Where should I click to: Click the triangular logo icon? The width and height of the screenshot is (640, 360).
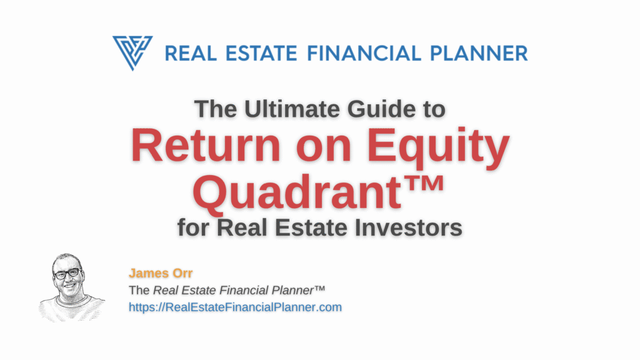(x=132, y=52)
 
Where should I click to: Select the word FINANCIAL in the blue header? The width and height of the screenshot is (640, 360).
(x=364, y=54)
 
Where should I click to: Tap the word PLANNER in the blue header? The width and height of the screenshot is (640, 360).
(x=479, y=54)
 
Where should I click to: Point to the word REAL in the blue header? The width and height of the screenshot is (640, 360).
(x=191, y=54)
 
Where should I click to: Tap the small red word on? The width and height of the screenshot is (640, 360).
(x=324, y=149)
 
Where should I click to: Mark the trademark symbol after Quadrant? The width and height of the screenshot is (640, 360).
(x=425, y=183)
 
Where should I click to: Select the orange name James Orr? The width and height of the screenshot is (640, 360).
(x=161, y=273)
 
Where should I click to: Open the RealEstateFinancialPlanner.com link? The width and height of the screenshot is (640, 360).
(x=235, y=307)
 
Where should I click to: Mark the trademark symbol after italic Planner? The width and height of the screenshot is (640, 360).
(x=319, y=288)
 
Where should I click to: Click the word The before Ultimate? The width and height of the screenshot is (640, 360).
(x=215, y=109)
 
